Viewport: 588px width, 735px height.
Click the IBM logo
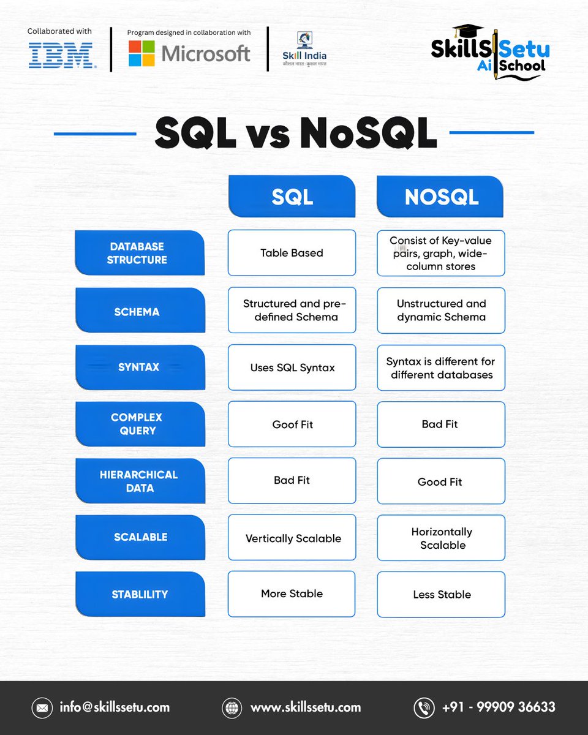(61, 55)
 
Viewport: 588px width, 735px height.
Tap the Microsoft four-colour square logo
(141, 53)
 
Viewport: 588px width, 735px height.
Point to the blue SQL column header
(292, 196)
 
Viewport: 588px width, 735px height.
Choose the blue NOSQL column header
(440, 196)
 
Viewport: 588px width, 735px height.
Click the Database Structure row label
(138, 253)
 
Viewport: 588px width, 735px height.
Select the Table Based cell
(292, 253)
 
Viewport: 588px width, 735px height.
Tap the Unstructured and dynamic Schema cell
(441, 310)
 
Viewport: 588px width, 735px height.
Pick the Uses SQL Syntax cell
(292, 367)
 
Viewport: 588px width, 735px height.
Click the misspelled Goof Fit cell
(292, 424)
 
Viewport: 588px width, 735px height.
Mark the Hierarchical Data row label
(139, 481)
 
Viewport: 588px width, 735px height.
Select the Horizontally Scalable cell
(441, 538)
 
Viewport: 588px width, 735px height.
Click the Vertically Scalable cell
(292, 538)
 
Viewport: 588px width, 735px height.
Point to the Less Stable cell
(441, 594)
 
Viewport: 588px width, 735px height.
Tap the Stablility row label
(140, 594)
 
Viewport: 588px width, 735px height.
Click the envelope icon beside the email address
(42, 707)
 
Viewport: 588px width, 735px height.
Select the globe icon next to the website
(232, 707)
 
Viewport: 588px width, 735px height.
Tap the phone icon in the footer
(423, 707)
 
